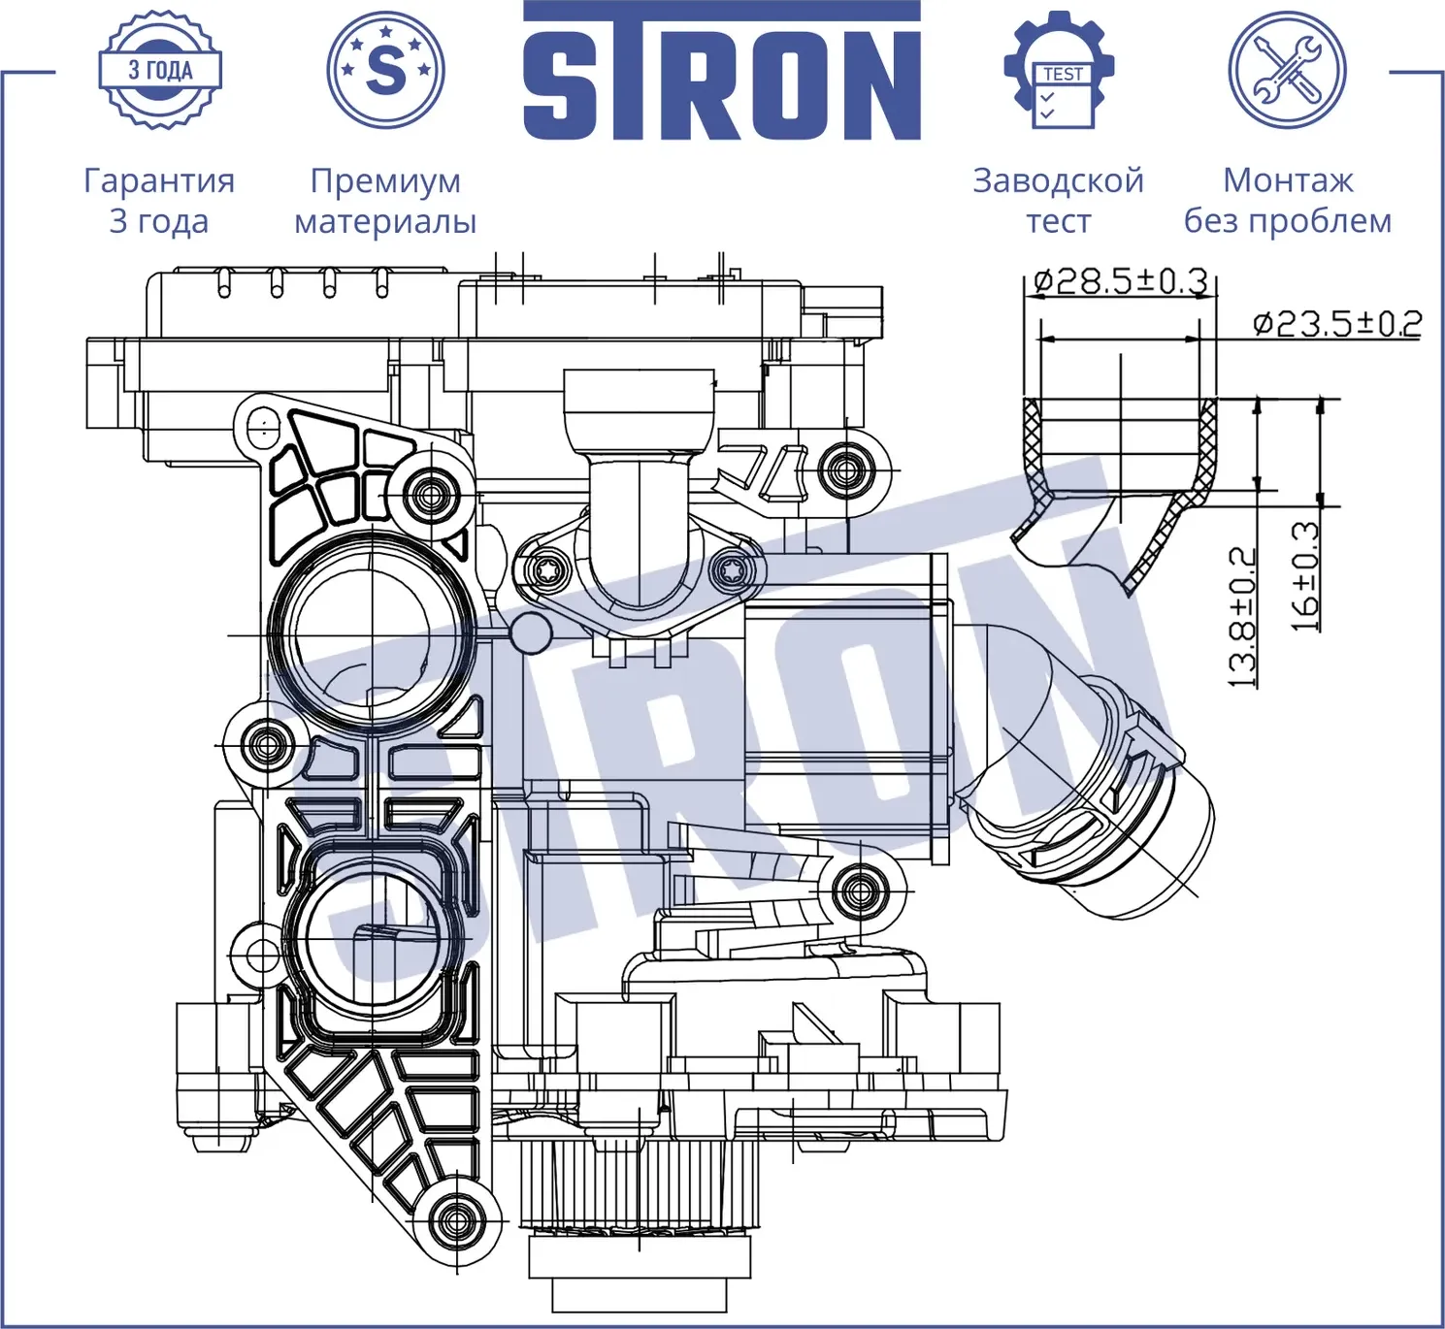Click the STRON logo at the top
(x=721, y=73)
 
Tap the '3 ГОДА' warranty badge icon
(x=160, y=70)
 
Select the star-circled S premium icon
(x=385, y=70)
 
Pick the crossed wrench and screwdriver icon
(x=1287, y=70)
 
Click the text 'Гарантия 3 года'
(x=159, y=200)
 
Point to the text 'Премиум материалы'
(x=385, y=200)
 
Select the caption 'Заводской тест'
(x=1058, y=200)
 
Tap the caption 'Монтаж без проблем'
(x=1287, y=200)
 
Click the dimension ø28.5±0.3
(x=1120, y=281)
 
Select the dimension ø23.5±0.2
(x=1336, y=323)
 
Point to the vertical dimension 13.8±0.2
(x=1242, y=617)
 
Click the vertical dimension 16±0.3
(x=1305, y=576)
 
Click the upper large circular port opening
(x=372, y=634)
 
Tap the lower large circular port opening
(x=371, y=937)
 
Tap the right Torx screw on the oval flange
(x=732, y=571)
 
